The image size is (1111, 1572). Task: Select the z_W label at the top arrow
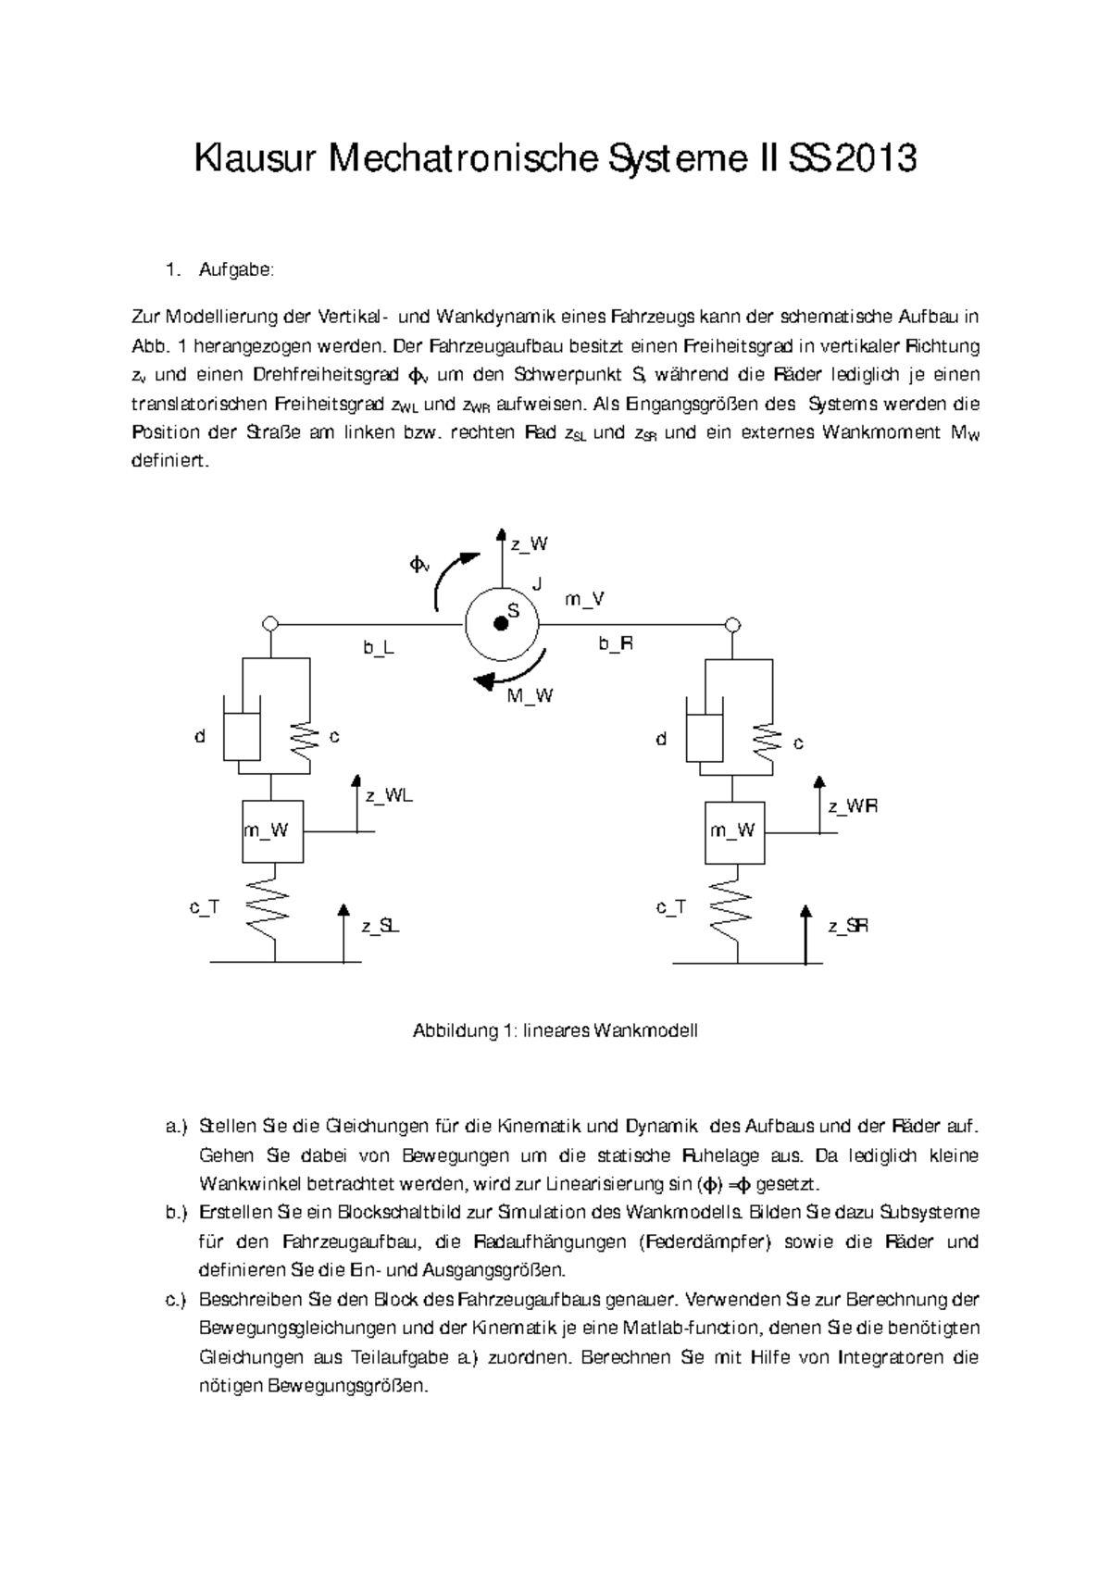point(529,544)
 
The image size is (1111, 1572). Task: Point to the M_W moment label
point(530,696)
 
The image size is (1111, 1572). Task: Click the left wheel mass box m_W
point(272,830)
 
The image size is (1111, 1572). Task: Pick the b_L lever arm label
point(378,648)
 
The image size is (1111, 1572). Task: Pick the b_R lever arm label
point(615,643)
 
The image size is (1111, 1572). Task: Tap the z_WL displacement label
point(388,795)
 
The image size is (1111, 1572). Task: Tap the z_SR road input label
point(848,926)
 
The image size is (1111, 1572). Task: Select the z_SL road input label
point(381,926)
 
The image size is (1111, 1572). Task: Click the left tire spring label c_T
point(204,907)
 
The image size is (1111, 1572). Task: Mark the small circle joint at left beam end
point(270,623)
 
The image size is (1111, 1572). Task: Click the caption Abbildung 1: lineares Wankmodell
point(555,1030)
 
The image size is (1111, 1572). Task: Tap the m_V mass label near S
point(584,600)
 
